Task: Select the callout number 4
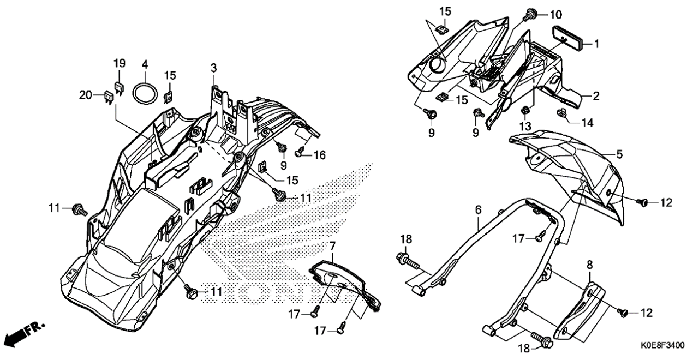tap(145, 65)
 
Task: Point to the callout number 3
tap(214, 68)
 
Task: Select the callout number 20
tap(86, 95)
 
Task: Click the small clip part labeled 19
tap(119, 87)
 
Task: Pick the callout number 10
tap(555, 15)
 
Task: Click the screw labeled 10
tap(531, 14)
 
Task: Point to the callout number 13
tap(525, 126)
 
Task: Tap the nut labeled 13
tap(525, 110)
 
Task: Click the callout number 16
tap(320, 155)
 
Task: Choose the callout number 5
tap(619, 154)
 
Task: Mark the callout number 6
tap(479, 210)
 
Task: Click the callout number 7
tap(332, 246)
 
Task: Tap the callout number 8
tap(590, 265)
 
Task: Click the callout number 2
tap(596, 96)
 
